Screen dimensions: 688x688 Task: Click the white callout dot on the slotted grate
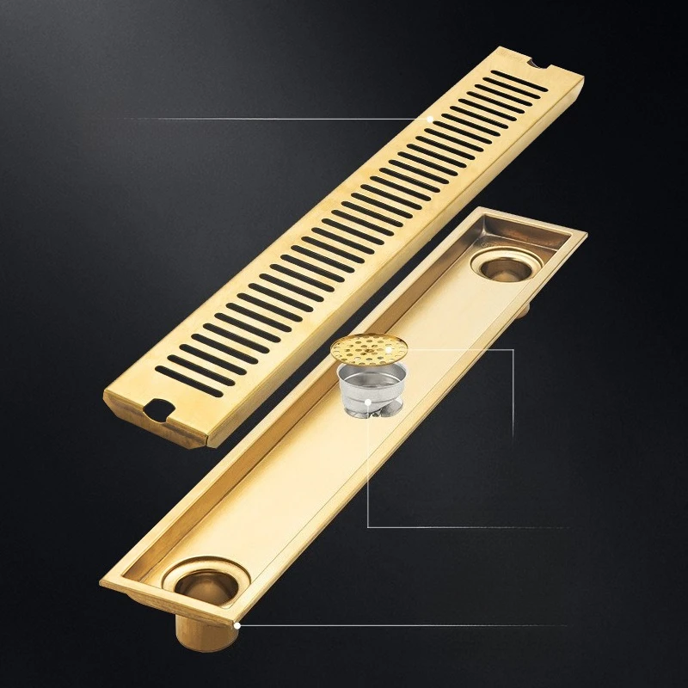click(429, 118)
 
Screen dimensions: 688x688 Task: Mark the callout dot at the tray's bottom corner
click(237, 625)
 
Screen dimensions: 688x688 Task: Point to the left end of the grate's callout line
click(125, 118)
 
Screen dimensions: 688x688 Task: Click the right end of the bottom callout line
click(568, 625)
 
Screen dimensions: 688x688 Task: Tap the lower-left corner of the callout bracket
click(368, 526)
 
